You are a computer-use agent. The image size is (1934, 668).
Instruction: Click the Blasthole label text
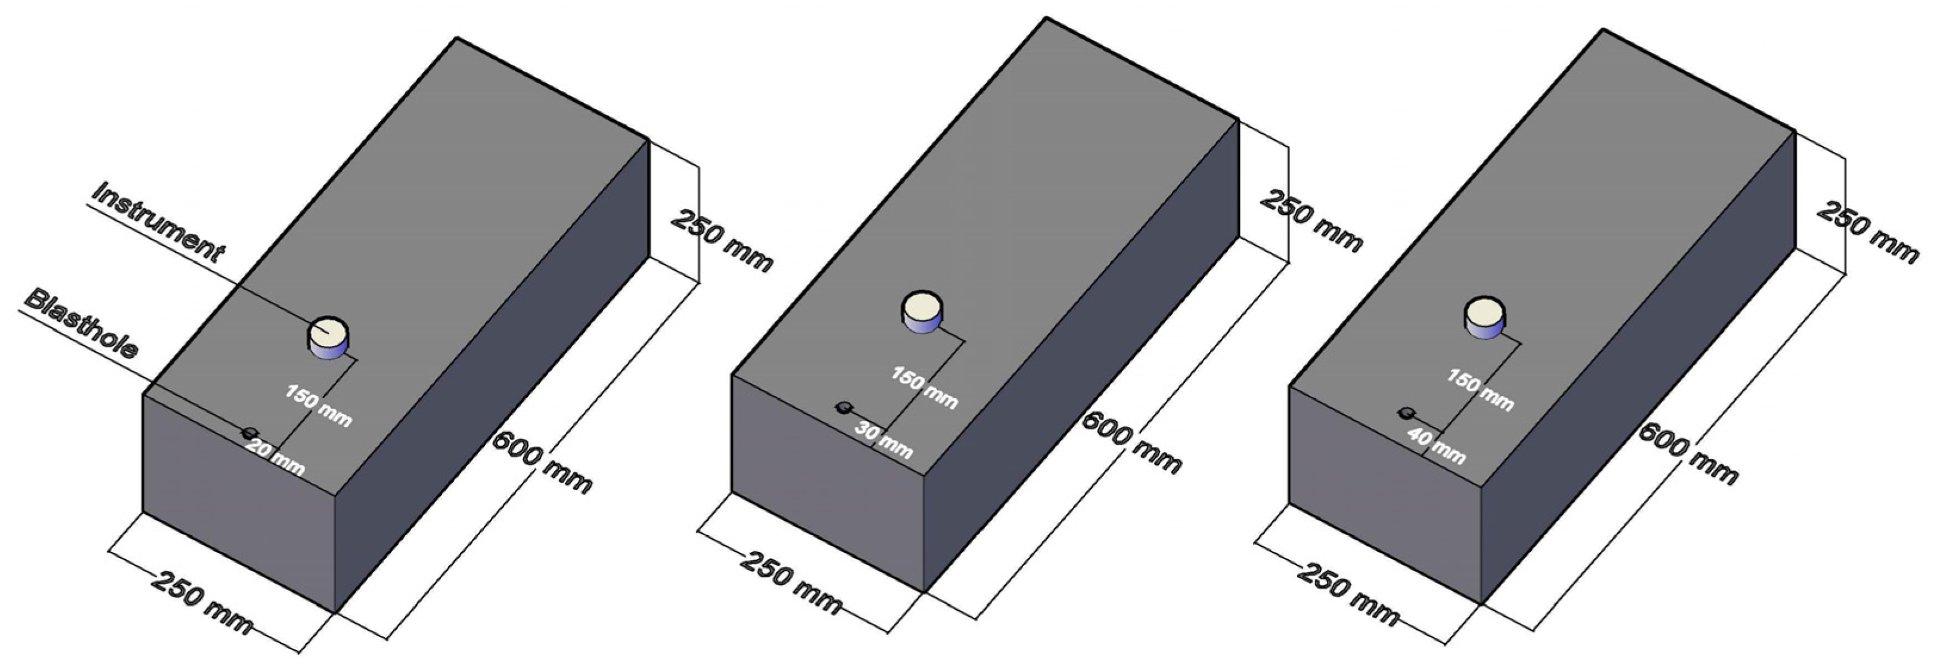[x=81, y=323]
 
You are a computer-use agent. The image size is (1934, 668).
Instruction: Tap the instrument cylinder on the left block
[x=329, y=337]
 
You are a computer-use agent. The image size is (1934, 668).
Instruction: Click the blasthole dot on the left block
[x=249, y=432]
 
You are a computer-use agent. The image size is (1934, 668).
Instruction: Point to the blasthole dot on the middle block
[x=844, y=407]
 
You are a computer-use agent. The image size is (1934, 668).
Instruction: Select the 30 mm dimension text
[x=884, y=441]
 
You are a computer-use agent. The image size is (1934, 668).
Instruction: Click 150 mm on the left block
[x=318, y=405]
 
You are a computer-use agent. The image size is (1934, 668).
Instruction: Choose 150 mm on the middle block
[x=924, y=388]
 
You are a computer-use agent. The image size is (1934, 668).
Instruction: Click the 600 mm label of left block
[x=542, y=463]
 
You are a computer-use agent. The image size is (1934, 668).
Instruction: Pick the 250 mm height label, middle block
[x=1311, y=221]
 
